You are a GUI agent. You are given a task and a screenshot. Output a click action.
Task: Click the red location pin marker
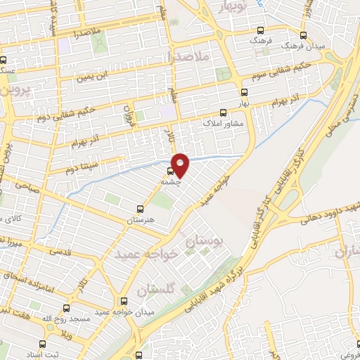click(x=181, y=165)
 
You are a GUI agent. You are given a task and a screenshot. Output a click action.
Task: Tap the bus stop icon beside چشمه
click(x=170, y=171)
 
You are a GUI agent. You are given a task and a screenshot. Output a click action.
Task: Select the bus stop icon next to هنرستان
click(x=139, y=208)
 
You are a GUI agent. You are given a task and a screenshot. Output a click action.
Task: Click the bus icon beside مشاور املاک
click(x=224, y=112)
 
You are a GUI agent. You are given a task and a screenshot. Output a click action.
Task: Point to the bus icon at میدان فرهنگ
click(x=304, y=34)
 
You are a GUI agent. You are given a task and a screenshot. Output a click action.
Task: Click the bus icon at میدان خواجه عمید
click(x=124, y=300)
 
